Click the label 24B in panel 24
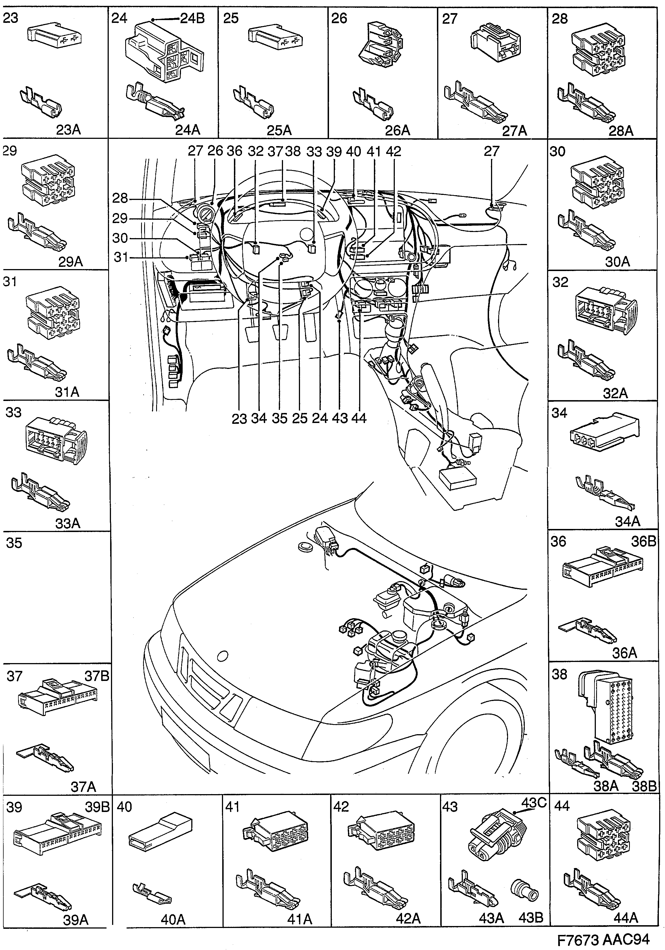[x=192, y=19]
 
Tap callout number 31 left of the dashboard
[x=120, y=257]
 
